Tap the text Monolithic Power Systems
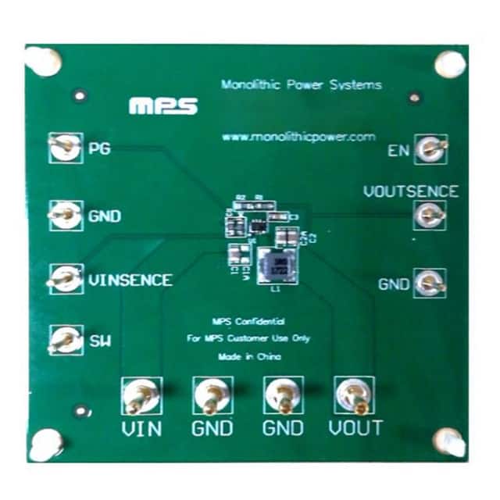point(302,85)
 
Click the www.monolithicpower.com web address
point(299,137)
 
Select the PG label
point(99,148)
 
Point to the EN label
point(399,149)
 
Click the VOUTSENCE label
point(409,191)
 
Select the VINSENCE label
point(130,280)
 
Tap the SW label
point(100,341)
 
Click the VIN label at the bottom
point(142,428)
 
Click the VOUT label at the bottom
point(355,428)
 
